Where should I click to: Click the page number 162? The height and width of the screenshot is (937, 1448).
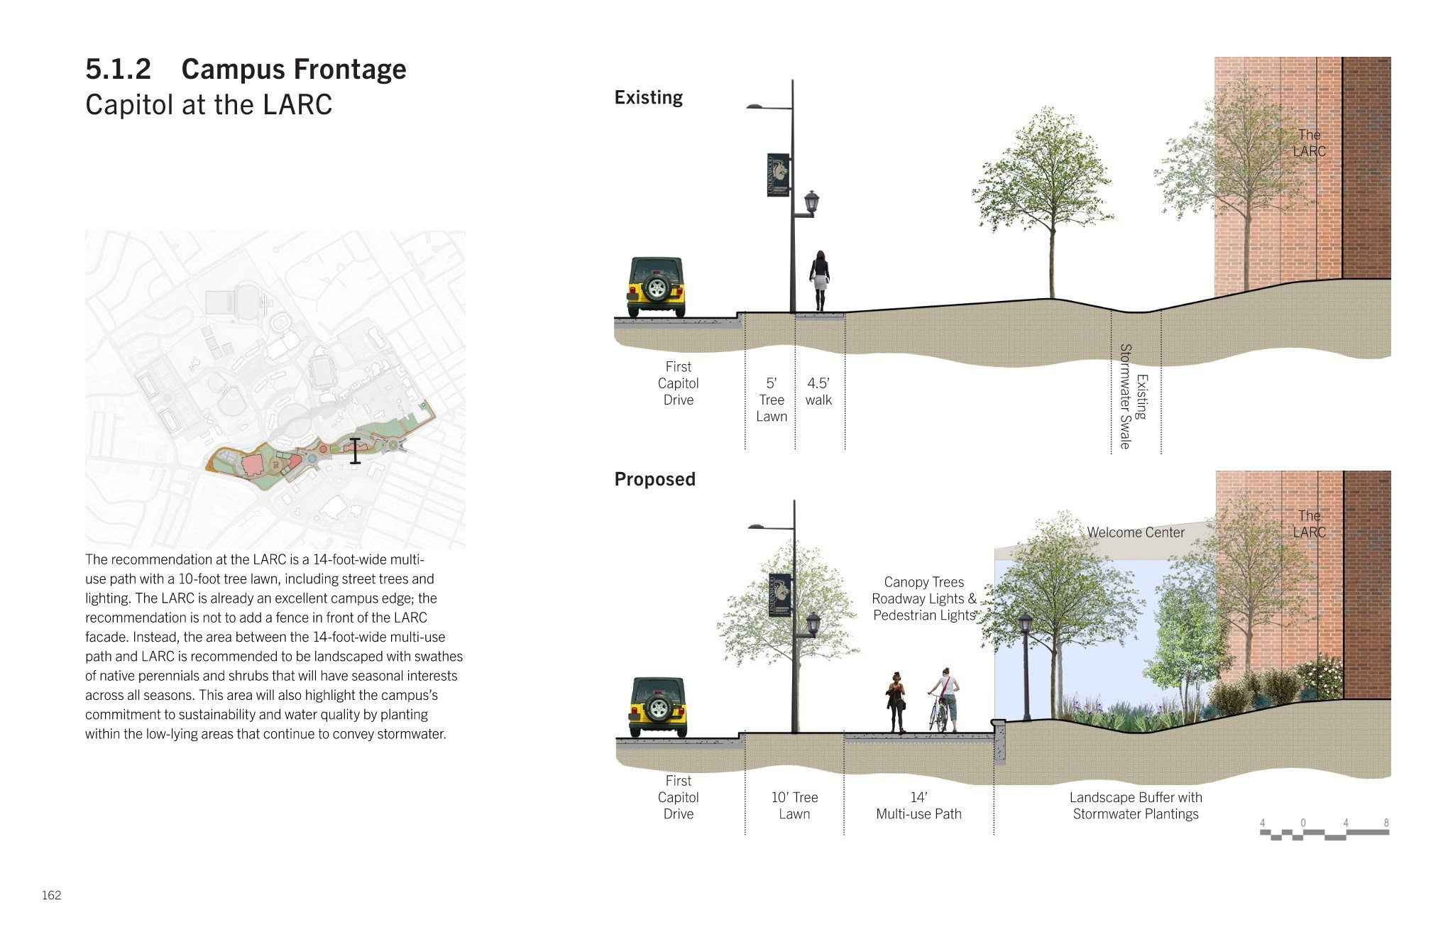(x=52, y=895)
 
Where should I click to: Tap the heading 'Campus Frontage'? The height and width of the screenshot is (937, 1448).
(x=294, y=69)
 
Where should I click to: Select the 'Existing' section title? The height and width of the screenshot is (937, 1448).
(x=649, y=97)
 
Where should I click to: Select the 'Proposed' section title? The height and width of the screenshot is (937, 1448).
(x=654, y=479)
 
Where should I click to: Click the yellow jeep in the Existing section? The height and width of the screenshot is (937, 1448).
(x=657, y=287)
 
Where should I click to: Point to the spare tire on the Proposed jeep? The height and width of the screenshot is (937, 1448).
(x=659, y=708)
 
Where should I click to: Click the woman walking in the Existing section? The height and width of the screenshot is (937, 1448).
(x=820, y=280)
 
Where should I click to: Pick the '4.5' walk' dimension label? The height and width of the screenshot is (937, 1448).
(x=818, y=392)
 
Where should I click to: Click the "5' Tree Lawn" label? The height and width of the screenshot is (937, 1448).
(x=772, y=400)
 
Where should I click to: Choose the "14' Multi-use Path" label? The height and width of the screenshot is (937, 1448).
(x=918, y=806)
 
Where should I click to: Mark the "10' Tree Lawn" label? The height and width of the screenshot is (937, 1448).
(x=794, y=806)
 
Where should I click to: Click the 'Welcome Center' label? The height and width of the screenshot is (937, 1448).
(x=1136, y=532)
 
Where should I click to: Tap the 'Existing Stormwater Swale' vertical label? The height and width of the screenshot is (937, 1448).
(x=1134, y=396)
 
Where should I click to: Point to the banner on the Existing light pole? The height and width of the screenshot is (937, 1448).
(x=778, y=175)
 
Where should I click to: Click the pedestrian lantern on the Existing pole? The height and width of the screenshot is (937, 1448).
(x=811, y=202)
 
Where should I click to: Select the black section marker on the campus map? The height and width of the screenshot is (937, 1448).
(x=355, y=451)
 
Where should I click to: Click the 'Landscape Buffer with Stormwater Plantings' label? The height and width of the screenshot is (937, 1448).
(x=1136, y=806)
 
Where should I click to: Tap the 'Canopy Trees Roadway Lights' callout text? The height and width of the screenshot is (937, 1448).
(x=924, y=591)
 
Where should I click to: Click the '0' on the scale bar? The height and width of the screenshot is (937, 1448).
(x=1303, y=823)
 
